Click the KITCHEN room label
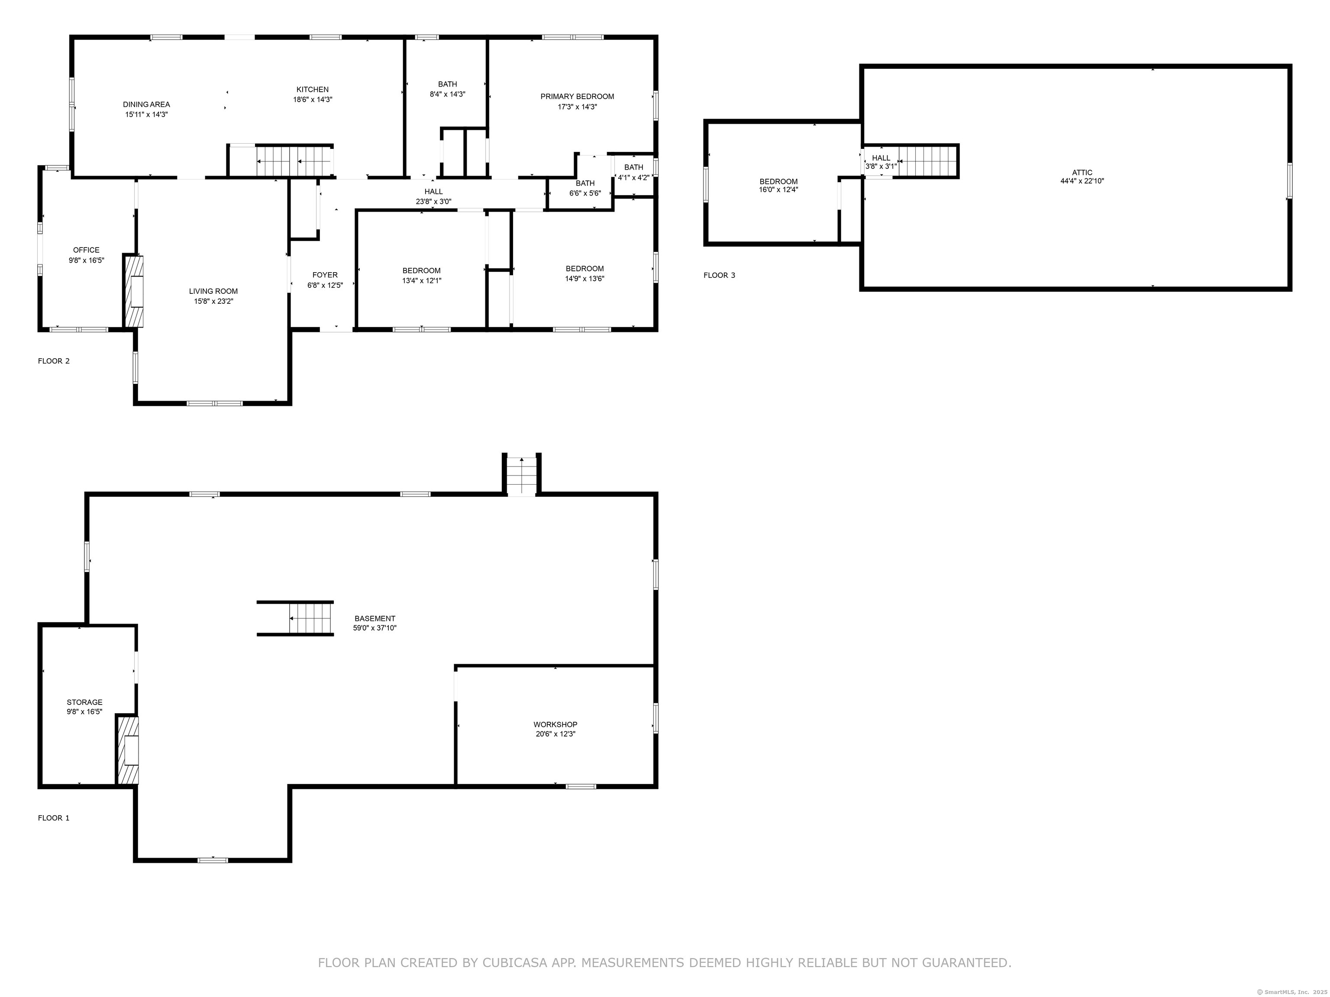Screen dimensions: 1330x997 pos(313,90)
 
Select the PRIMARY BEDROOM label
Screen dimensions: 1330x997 pos(577,96)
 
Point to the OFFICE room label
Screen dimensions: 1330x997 pos(87,250)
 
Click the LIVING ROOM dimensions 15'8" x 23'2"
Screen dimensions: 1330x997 pos(213,302)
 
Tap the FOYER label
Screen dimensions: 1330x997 pos(325,275)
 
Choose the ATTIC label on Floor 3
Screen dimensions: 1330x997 pos(1082,173)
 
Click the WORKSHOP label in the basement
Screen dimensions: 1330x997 pos(555,724)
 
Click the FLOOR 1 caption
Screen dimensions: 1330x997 pos(54,818)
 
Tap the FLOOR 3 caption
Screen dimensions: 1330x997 pos(720,275)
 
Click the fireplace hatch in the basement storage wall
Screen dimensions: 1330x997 pos(127,750)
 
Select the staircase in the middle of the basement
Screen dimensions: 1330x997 pos(295,618)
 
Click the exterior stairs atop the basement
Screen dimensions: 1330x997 pos(521,474)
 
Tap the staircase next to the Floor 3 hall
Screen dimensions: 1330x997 pos(927,161)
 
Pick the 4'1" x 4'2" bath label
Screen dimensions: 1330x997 pos(634,173)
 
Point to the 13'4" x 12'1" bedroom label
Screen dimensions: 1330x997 pos(422,275)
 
